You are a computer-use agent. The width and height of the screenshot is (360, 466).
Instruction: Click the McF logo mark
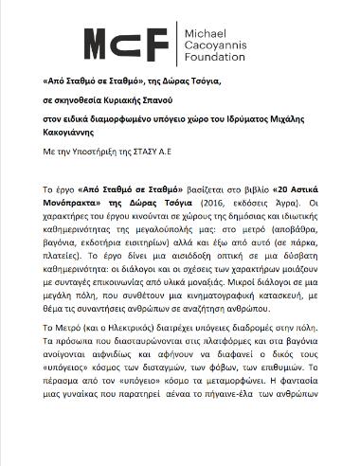click(126, 43)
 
